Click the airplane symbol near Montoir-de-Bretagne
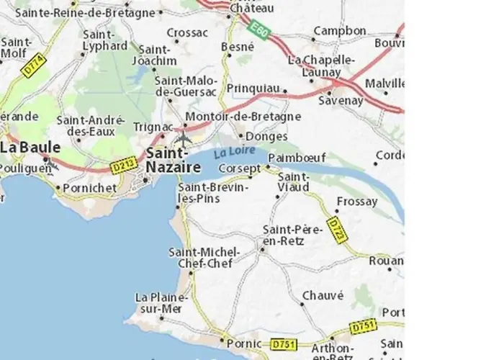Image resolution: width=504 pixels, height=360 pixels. click(x=184, y=138)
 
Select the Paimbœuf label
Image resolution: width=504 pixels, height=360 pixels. click(x=291, y=157)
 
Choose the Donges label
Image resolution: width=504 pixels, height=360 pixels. click(x=266, y=136)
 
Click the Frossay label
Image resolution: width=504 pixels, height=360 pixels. click(x=356, y=202)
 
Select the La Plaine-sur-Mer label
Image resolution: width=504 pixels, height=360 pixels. click(x=161, y=302)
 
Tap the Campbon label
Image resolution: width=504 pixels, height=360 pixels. click(x=340, y=31)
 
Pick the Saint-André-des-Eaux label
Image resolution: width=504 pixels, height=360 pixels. click(x=91, y=126)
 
